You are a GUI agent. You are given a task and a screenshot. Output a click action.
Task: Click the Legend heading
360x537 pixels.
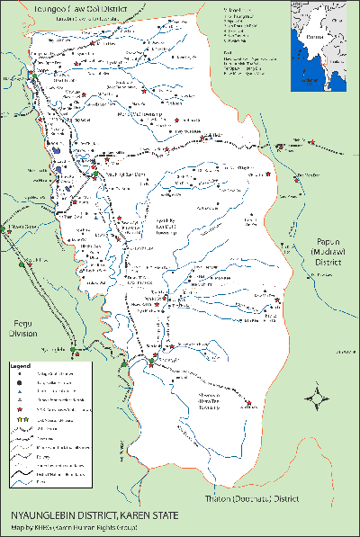coord(21,367)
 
